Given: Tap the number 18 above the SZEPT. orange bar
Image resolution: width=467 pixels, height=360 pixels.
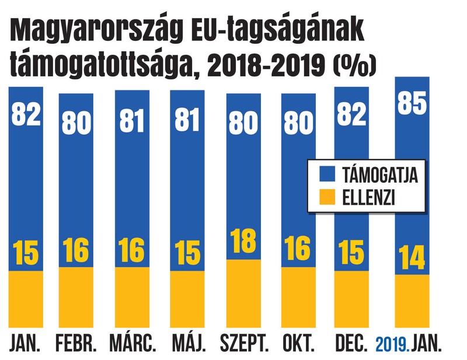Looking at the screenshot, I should coord(243,243).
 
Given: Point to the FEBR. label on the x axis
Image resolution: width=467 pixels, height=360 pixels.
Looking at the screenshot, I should coord(76,344).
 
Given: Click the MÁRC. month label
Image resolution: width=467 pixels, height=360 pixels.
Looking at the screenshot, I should coord(133,344).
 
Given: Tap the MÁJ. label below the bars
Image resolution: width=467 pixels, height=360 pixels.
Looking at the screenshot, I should coord(189,344).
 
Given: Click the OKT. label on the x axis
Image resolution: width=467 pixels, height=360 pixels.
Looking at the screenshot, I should coord(299,344).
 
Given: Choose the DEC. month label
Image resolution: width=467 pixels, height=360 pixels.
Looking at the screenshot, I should coord(351,344).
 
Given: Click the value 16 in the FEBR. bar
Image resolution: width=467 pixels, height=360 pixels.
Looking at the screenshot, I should coord(76,250).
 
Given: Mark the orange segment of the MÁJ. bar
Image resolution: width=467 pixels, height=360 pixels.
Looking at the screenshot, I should coord(189,298).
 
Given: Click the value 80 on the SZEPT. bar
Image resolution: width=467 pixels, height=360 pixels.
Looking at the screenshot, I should coord(243,124).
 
